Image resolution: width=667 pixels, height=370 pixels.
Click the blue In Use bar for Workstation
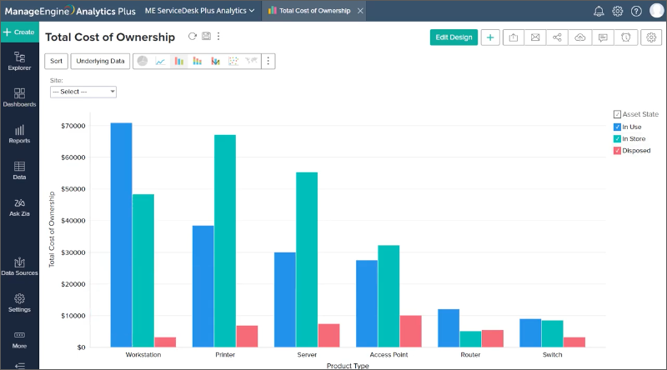pos(121,234)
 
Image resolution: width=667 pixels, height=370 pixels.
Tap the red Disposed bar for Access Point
pos(410,331)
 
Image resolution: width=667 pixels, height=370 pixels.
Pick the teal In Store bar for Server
pos(306,258)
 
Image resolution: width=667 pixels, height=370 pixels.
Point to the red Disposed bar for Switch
pos(574,342)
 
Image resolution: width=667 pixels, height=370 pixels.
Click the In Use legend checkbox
pos(617,127)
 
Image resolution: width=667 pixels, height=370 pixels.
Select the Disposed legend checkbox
pos(617,151)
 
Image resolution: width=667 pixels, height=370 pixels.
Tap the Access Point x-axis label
pos(389,355)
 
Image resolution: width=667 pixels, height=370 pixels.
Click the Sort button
pos(56,61)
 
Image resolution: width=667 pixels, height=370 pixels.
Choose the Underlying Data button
pos(100,61)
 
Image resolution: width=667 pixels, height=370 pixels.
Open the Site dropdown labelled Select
pos(83,92)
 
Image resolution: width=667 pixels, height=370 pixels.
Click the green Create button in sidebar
pos(19,32)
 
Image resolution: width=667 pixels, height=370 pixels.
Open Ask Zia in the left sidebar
pos(19,207)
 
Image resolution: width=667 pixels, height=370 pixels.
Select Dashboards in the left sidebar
pos(19,97)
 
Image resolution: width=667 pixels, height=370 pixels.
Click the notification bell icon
pos(599,11)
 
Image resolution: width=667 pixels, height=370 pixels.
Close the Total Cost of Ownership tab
pos(359,11)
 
